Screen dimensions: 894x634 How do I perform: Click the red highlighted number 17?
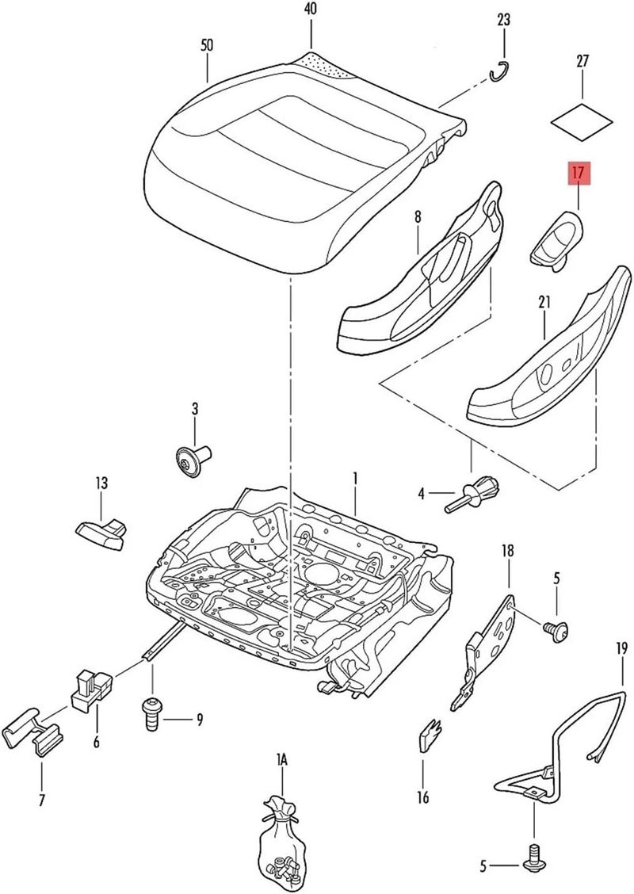[x=578, y=171]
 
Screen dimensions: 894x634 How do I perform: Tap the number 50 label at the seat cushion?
[x=206, y=46]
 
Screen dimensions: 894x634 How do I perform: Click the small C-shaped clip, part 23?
[x=498, y=72]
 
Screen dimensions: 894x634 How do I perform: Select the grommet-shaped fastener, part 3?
[x=193, y=460]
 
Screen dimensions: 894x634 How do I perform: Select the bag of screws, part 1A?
[x=279, y=840]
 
